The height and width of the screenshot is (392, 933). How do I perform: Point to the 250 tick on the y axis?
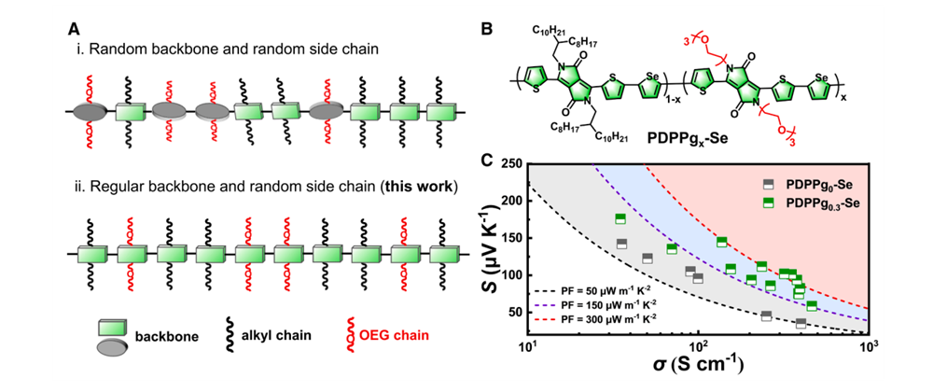(x=512, y=164)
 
